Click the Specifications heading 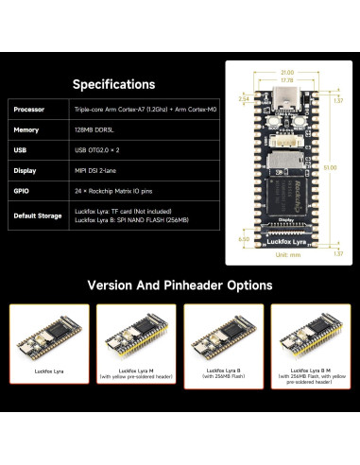tap(113, 85)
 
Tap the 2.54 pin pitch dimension tap(243, 97)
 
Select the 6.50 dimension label tap(243, 239)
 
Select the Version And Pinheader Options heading tap(180, 284)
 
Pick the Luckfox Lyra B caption tap(224, 374)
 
